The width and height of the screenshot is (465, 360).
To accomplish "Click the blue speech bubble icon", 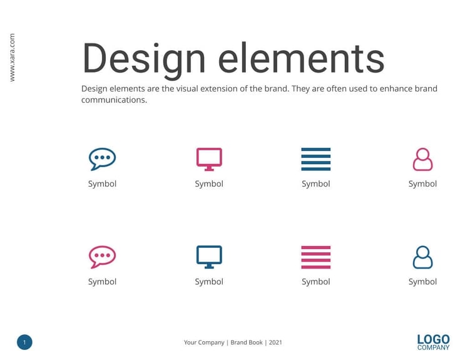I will tap(102, 159).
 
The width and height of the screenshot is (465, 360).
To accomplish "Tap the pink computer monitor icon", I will tap(209, 158).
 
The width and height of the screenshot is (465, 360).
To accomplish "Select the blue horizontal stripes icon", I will tap(315, 159).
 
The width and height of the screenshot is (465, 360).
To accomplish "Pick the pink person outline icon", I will tap(422, 159).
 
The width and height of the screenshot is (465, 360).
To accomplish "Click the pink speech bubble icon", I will tap(102, 257).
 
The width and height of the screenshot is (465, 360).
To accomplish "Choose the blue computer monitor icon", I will tap(209, 257).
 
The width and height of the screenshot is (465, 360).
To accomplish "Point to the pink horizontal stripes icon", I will tap(315, 257).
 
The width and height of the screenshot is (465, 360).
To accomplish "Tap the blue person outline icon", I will tap(422, 257).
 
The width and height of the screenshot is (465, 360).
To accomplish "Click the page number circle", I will tap(24, 342).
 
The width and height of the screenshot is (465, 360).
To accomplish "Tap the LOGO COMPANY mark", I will tap(433, 342).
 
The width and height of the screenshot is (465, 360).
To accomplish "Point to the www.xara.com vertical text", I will tap(12, 57).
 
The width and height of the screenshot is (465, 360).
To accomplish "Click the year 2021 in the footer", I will tap(275, 342).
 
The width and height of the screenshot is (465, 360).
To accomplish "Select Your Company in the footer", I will tap(204, 342).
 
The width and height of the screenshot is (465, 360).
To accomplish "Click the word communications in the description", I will tap(113, 100).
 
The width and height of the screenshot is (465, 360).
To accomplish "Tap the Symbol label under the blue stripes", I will tap(315, 183).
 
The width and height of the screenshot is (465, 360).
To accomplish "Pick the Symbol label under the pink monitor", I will tap(209, 183).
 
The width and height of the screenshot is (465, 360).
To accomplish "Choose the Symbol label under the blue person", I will tap(422, 282).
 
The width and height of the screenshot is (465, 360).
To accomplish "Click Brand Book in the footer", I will tap(247, 342).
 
